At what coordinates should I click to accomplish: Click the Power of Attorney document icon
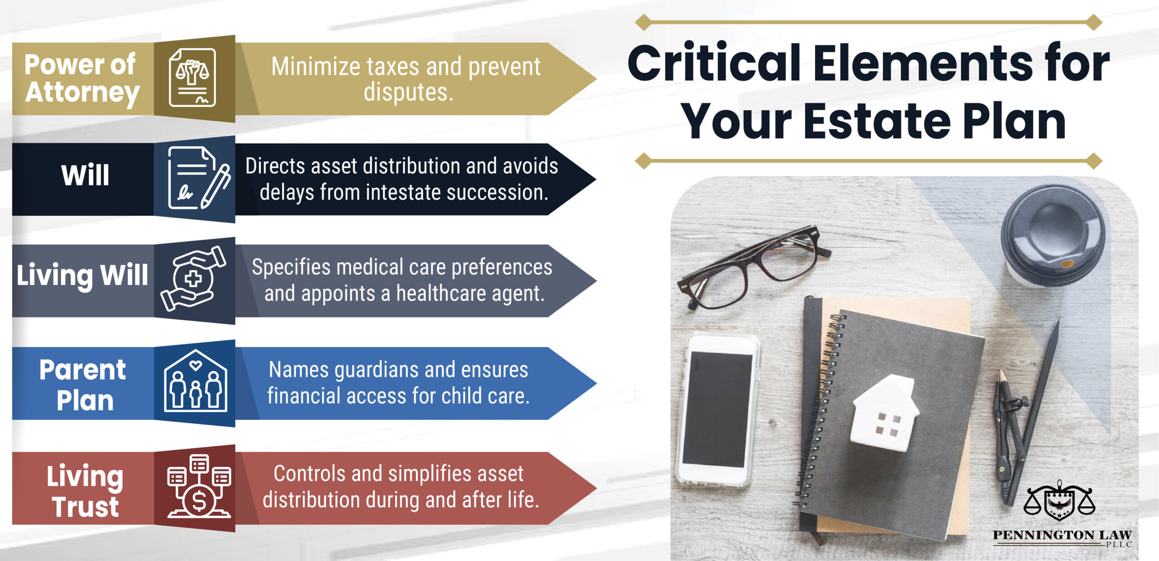tap(192, 77)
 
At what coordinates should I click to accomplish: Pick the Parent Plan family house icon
tap(196, 381)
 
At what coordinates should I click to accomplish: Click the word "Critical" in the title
tap(714, 63)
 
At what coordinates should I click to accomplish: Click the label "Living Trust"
tap(85, 491)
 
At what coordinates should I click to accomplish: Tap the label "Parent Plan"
tap(83, 385)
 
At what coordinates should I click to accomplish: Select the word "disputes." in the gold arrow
tap(408, 92)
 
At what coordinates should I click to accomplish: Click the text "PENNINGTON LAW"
tap(1062, 535)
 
